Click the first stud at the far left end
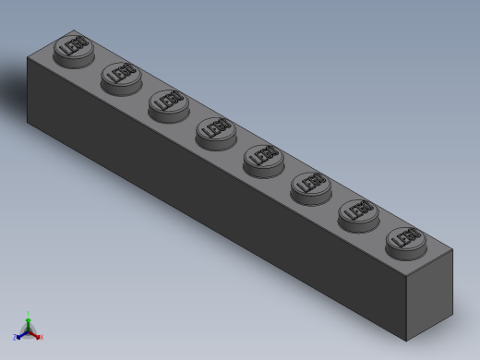(x=71, y=47)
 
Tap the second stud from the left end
(x=119, y=75)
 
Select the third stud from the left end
(x=167, y=102)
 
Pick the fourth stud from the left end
(x=215, y=130)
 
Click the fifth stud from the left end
(x=263, y=158)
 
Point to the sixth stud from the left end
(x=310, y=185)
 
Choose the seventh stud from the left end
(x=358, y=212)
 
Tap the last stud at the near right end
(x=405, y=239)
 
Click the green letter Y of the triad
(x=29, y=312)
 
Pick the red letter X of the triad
(x=42, y=338)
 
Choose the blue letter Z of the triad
(x=15, y=338)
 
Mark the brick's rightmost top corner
(x=454, y=250)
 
